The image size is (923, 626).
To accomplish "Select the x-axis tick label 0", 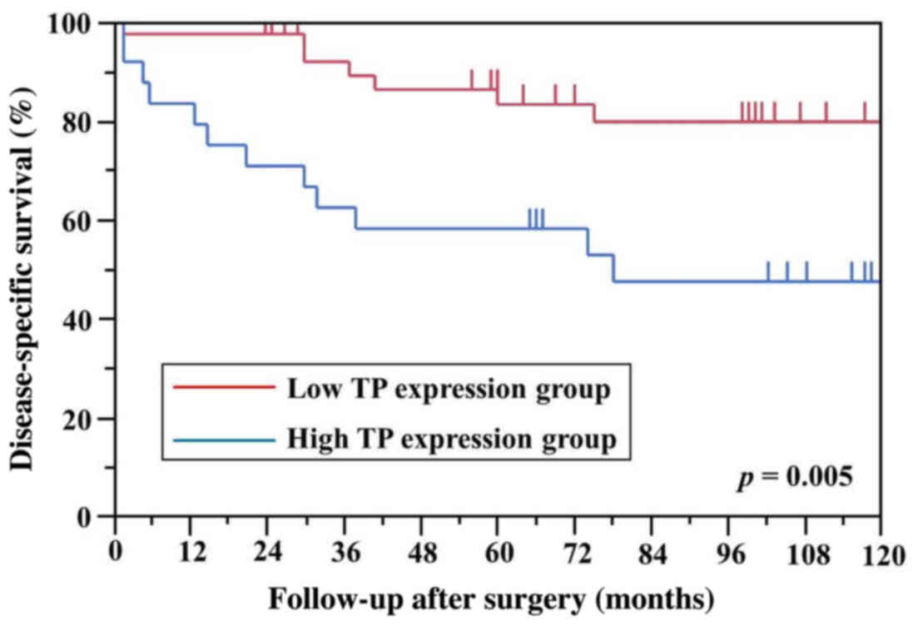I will pyautogui.click(x=116, y=551).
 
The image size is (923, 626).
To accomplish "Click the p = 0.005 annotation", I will pyautogui.click(x=795, y=480).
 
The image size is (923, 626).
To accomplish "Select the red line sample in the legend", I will pyautogui.click(x=222, y=388).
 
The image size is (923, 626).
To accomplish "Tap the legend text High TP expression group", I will pyautogui.click(x=452, y=440).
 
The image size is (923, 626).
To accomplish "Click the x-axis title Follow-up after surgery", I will pyautogui.click(x=491, y=599).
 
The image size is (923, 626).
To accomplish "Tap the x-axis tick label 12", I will pyautogui.click(x=191, y=551).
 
